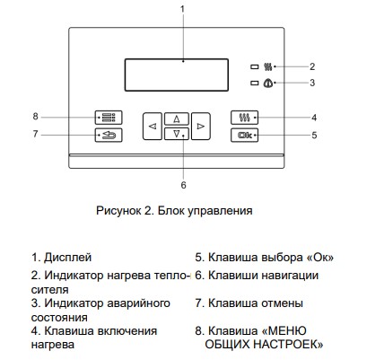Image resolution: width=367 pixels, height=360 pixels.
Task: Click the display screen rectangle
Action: (177, 75)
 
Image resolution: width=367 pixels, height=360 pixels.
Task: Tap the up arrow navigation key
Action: (177, 119)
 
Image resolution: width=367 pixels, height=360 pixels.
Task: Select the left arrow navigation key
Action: (153, 127)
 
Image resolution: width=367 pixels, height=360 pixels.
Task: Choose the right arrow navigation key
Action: (201, 127)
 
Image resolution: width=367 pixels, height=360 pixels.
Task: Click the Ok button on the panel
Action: (244, 136)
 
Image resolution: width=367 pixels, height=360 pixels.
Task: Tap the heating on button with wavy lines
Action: (244, 118)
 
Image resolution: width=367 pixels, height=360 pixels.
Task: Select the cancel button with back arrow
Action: (109, 136)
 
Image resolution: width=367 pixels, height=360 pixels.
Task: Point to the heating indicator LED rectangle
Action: (255, 66)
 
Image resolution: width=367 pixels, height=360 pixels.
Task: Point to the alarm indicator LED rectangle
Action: (255, 83)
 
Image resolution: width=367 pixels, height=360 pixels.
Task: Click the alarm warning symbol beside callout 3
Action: (267, 83)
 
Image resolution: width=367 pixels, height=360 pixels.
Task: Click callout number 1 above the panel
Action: (182, 9)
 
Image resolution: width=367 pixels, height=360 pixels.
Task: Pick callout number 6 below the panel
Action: (183, 185)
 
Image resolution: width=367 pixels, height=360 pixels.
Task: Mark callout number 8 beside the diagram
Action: (35, 116)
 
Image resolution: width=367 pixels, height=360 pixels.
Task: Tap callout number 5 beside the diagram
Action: (314, 136)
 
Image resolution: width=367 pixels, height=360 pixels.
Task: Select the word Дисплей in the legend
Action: (67, 258)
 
